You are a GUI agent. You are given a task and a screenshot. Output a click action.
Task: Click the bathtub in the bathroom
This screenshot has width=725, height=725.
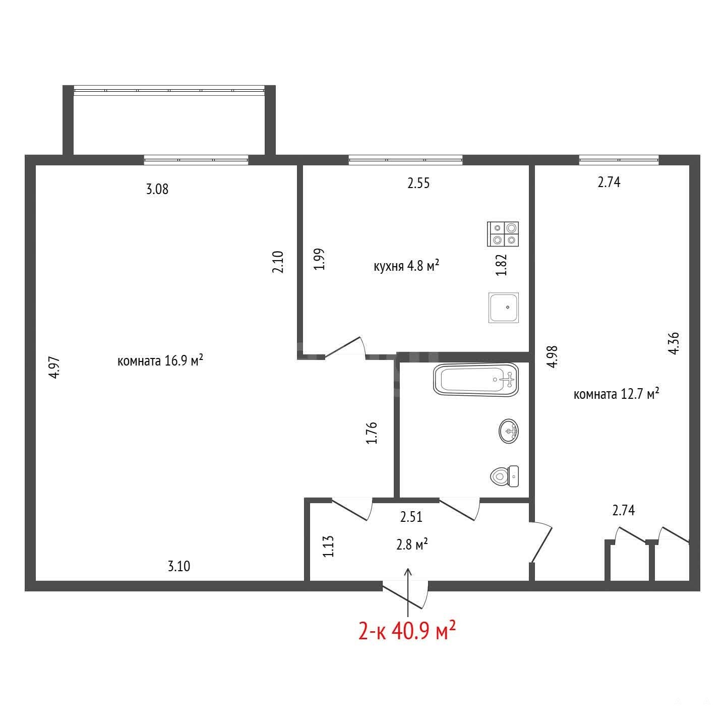click(x=476, y=380)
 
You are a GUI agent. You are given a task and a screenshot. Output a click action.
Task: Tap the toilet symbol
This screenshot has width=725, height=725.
click(x=505, y=476)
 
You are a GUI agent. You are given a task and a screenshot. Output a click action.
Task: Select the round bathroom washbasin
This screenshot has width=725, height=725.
click(x=509, y=431)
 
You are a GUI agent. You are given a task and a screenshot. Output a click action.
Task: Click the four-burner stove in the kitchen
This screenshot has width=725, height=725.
click(x=503, y=234)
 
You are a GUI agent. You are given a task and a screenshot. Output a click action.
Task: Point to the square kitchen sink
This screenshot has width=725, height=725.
click(x=503, y=308)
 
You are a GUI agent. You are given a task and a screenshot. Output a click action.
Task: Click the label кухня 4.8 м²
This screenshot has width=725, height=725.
click(x=406, y=266)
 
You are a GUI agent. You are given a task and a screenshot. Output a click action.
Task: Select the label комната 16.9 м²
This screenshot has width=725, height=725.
click(x=160, y=360)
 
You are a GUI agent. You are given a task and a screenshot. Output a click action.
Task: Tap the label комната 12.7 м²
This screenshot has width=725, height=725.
click(x=616, y=394)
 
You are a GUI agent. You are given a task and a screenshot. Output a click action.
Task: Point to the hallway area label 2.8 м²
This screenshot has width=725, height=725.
click(x=412, y=544)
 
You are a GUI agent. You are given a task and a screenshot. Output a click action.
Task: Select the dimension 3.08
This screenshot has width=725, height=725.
click(x=157, y=189)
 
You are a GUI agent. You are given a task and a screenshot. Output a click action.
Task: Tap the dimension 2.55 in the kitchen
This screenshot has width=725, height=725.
click(x=418, y=183)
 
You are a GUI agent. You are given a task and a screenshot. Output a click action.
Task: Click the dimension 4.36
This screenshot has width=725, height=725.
click(x=674, y=343)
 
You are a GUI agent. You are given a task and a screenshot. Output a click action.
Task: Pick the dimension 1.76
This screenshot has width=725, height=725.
click(x=372, y=433)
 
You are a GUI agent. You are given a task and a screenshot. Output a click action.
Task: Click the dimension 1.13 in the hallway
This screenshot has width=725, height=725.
click(x=328, y=547)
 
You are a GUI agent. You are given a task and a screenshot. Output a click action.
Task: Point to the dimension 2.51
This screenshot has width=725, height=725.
click(x=411, y=517)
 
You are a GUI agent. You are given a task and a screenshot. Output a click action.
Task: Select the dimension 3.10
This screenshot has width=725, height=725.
click(x=178, y=566)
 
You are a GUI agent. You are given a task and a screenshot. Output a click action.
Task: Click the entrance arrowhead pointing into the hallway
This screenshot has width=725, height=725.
click(x=408, y=572)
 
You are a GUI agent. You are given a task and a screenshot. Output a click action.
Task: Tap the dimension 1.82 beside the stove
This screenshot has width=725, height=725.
click(x=502, y=265)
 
